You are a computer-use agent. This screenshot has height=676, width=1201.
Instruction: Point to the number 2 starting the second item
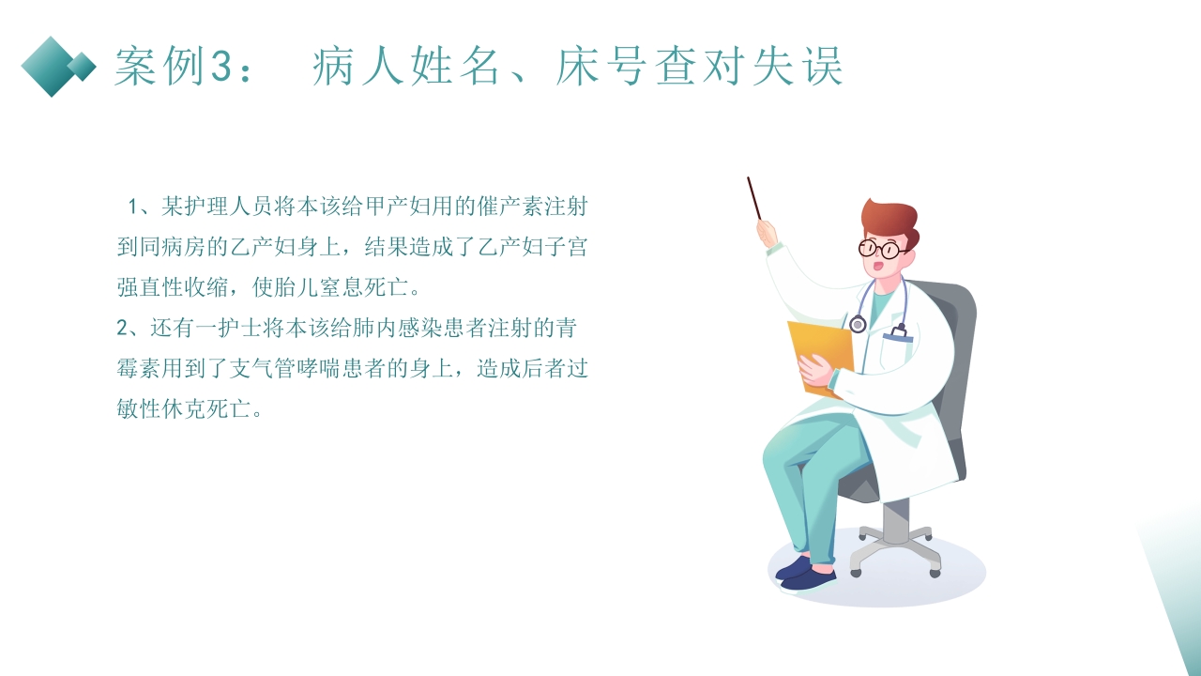tap(122, 329)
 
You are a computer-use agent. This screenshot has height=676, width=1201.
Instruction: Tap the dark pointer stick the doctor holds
tap(754, 198)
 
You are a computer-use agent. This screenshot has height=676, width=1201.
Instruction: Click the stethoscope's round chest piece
tap(858, 324)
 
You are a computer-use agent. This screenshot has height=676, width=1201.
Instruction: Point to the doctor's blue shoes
tap(806, 572)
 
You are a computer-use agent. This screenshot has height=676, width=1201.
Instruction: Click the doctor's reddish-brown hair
tap(891, 218)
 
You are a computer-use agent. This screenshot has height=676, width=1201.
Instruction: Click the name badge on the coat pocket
tap(898, 333)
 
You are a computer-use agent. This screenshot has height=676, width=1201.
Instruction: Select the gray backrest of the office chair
tap(952, 376)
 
